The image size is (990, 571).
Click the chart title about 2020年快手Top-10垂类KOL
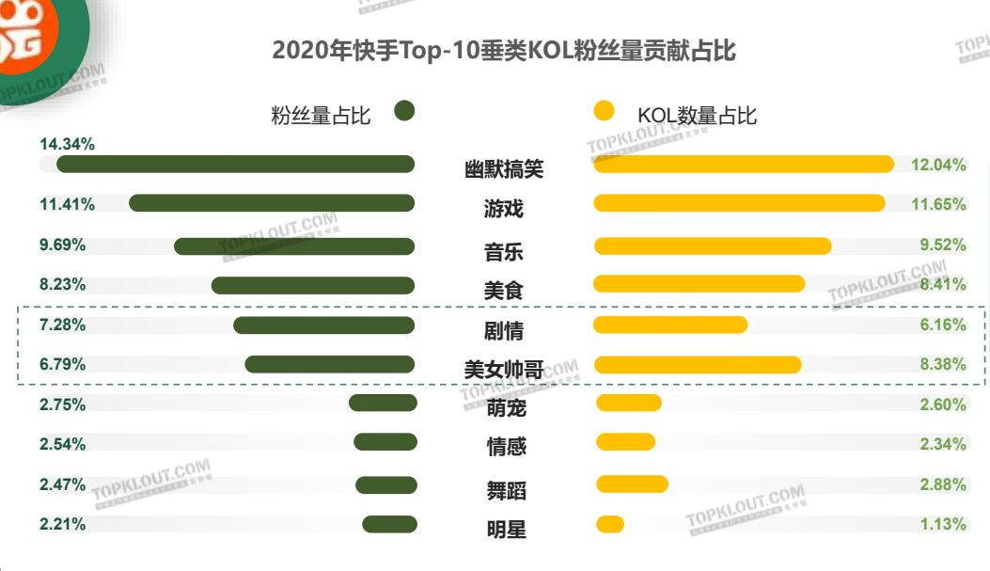coord(504,51)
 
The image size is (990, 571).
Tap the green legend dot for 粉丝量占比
coord(404,111)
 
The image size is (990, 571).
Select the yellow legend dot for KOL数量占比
coord(605,111)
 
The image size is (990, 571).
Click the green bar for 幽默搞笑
coord(235,165)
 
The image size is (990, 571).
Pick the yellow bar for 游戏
coord(739,203)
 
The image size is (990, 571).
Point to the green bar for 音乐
coord(293,246)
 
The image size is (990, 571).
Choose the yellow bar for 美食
coord(699,283)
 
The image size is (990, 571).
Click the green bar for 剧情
coord(323,325)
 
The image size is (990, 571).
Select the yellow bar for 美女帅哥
coord(697,365)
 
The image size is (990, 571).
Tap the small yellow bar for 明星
coord(609,524)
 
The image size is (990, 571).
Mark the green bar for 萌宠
coord(382,403)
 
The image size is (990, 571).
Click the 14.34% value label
coord(67,145)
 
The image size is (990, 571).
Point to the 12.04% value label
coord(938,166)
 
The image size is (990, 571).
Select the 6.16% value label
coord(942,325)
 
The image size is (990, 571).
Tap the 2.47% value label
coord(62,485)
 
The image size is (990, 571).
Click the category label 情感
coord(506,447)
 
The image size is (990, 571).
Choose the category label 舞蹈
coord(506,490)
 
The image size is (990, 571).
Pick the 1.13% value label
coord(942,525)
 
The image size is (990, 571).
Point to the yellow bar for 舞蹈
coord(632,484)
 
